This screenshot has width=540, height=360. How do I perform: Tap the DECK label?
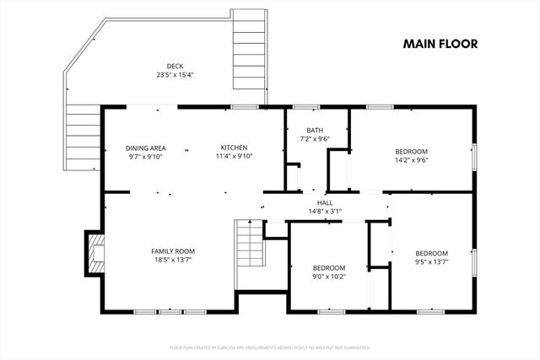[175, 67]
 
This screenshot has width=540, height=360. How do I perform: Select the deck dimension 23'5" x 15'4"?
[175, 75]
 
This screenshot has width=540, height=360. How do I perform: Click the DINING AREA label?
[145, 148]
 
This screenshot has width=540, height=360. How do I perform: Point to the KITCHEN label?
[234, 148]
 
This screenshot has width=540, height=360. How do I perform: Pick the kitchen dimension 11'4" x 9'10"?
[234, 156]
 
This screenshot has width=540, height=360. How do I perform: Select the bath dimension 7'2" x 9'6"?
[314, 139]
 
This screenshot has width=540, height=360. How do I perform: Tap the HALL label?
[325, 203]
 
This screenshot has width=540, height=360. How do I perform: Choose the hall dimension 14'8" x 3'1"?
[325, 212]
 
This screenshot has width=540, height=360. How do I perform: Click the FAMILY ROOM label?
[173, 251]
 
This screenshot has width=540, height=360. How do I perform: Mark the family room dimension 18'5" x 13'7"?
[173, 260]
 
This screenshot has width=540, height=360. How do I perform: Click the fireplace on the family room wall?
[93, 250]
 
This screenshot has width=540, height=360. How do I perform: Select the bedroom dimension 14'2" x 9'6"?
[412, 160]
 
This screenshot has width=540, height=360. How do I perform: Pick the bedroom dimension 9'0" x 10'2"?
[329, 276]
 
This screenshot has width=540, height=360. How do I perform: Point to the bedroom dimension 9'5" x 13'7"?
[431, 261]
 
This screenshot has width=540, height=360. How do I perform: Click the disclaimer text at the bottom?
[270, 347]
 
